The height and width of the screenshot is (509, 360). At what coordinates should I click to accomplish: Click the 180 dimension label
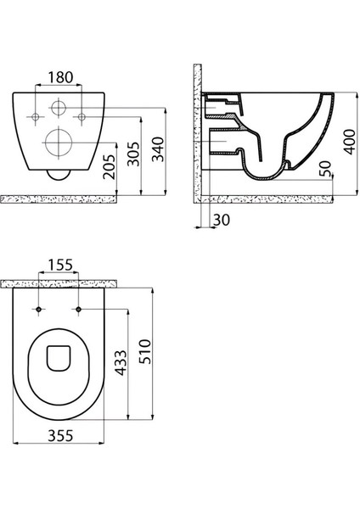tap(61, 77)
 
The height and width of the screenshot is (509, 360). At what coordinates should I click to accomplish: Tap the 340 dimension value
tap(159, 149)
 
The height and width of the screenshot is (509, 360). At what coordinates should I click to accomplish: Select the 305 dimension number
tap(133, 154)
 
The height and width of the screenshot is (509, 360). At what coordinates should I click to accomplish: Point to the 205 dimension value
tap(109, 166)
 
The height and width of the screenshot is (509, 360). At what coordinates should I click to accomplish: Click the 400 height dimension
tap(350, 142)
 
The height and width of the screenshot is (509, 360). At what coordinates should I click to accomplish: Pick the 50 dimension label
tap(325, 169)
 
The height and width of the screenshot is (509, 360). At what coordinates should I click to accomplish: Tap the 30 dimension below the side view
tap(222, 220)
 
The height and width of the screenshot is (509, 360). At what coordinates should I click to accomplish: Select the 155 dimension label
tap(61, 265)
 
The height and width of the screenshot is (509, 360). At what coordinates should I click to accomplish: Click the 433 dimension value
tap(121, 362)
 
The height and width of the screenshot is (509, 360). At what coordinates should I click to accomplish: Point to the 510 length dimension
tap(145, 351)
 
